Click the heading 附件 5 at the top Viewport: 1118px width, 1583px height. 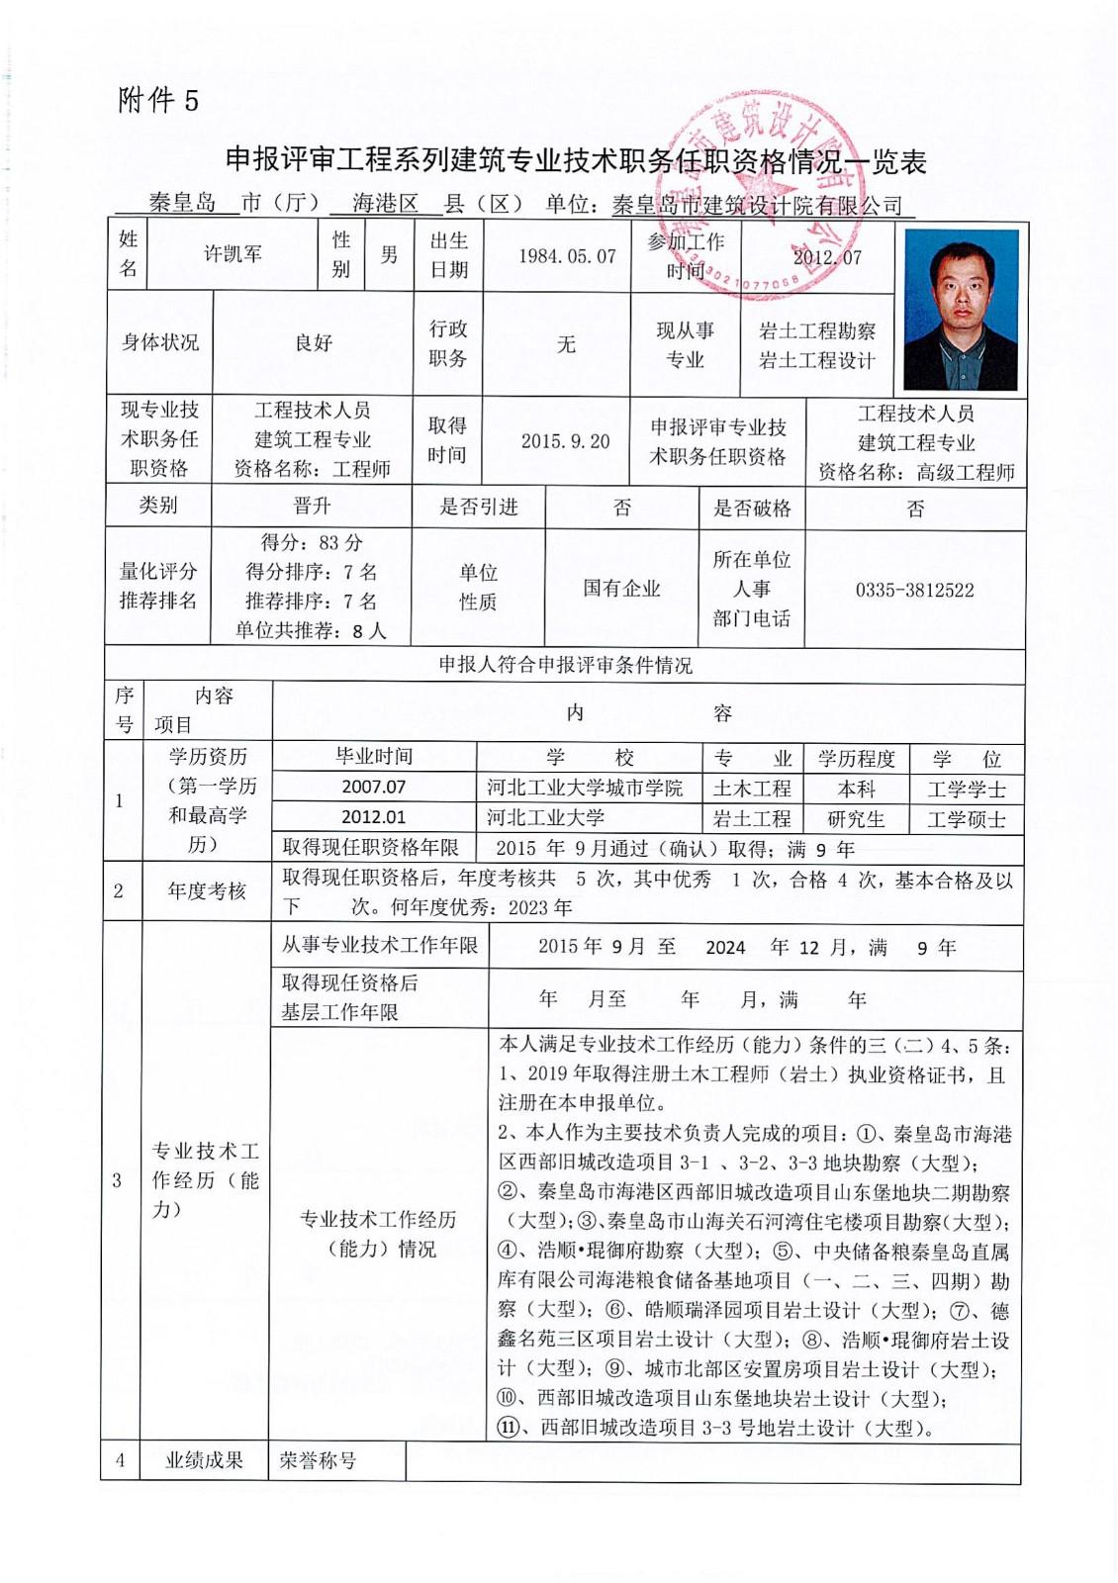(x=158, y=100)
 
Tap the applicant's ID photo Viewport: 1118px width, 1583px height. (x=961, y=309)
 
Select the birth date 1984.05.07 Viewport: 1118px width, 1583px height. (x=567, y=256)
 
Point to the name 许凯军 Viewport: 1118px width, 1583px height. (x=233, y=254)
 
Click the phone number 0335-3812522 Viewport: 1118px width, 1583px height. (x=914, y=591)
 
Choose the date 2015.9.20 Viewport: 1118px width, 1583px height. (x=565, y=441)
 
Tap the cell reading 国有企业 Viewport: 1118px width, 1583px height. (x=621, y=589)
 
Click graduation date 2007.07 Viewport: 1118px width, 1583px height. (x=374, y=788)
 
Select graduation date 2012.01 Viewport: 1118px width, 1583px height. (x=374, y=817)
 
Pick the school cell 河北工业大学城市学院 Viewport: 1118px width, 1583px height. (x=585, y=789)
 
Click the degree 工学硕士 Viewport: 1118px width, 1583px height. (x=966, y=819)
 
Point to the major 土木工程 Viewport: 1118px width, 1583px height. (x=752, y=789)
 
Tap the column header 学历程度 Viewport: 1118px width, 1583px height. (x=856, y=759)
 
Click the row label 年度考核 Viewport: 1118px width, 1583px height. (x=206, y=891)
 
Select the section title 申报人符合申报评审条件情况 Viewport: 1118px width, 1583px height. (x=565, y=665)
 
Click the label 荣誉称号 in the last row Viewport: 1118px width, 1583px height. (x=318, y=1460)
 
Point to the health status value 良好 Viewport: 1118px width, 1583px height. (x=313, y=343)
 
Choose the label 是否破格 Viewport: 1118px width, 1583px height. (x=752, y=509)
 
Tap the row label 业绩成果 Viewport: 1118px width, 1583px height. (x=204, y=1460)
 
